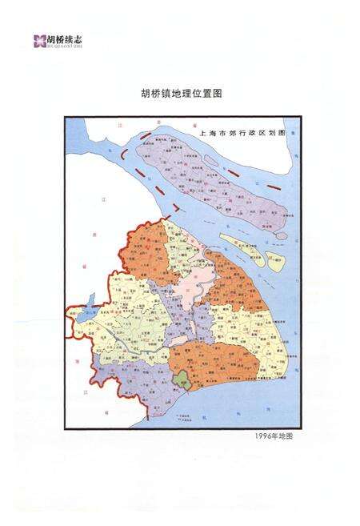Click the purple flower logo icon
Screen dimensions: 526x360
coord(38,40)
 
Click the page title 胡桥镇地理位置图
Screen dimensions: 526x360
coord(180,93)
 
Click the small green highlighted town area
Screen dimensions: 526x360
coord(182,377)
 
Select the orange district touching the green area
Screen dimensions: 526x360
coord(212,360)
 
